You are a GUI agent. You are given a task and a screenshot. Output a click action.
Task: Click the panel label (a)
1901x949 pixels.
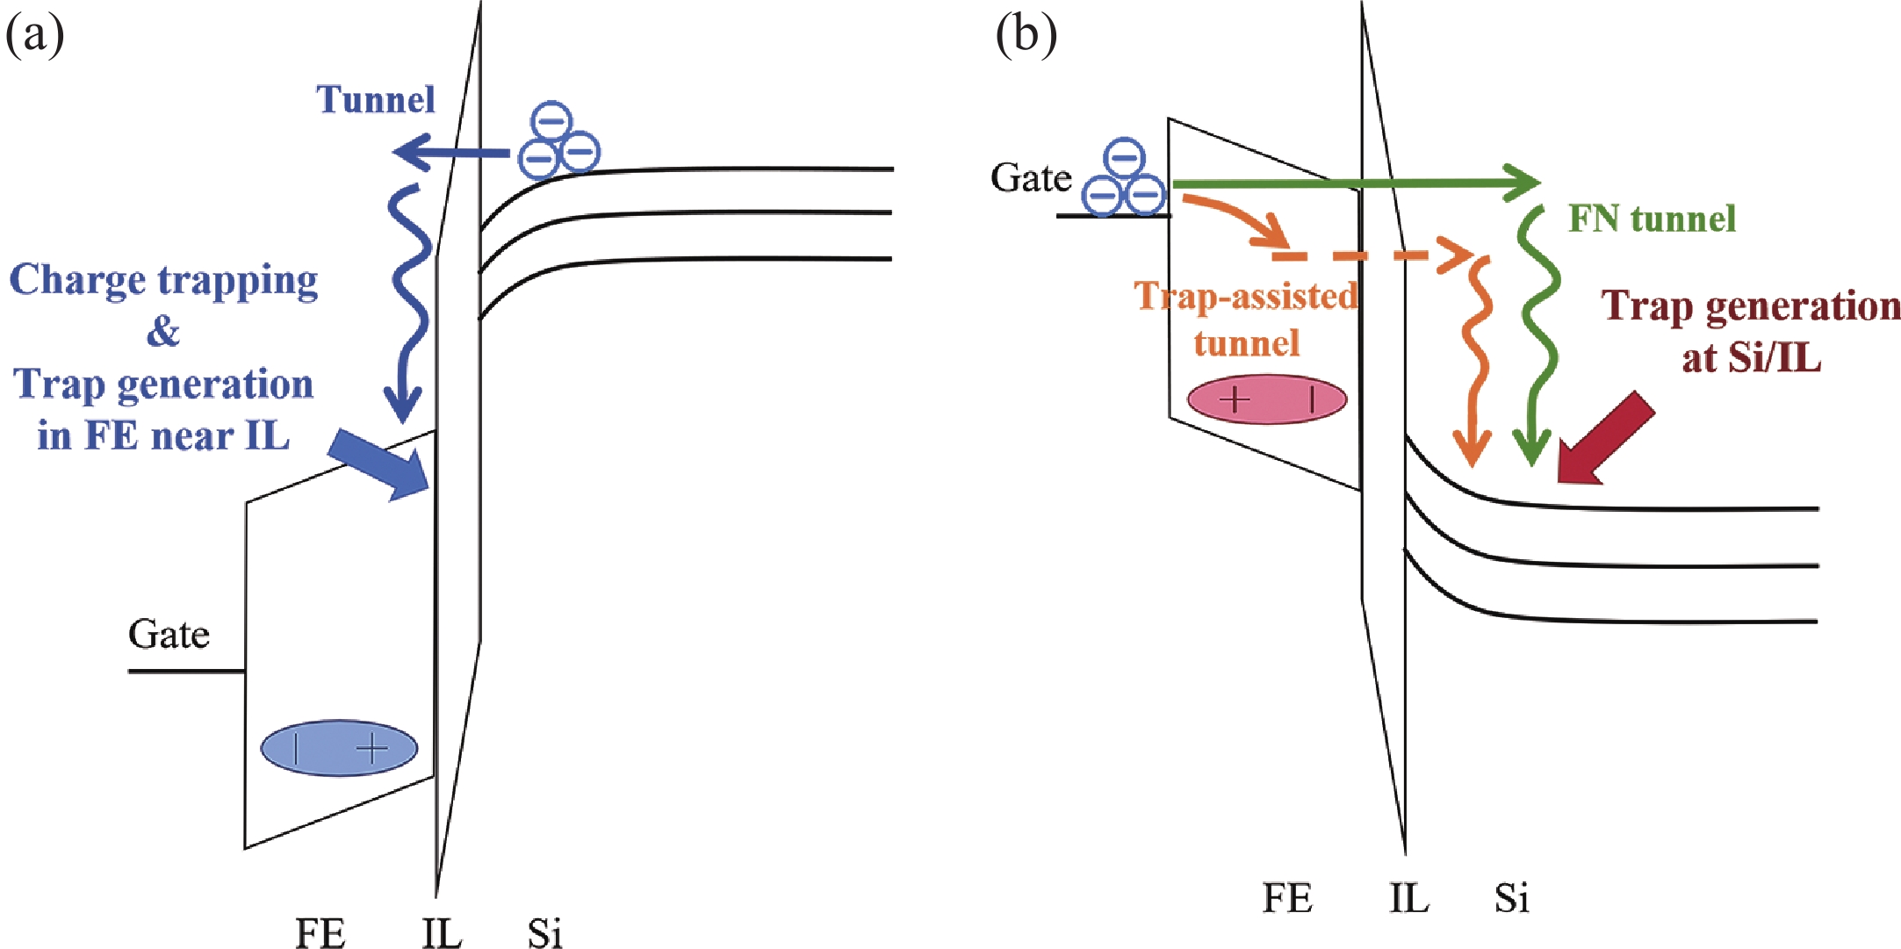[35, 37]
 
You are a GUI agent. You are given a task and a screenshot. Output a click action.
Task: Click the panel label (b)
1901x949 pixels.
[1026, 37]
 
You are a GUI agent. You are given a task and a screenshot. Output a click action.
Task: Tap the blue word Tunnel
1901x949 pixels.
[376, 100]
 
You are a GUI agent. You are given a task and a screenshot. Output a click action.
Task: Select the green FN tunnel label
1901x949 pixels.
[1652, 219]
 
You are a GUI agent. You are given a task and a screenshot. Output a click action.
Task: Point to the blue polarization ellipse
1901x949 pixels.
[339, 748]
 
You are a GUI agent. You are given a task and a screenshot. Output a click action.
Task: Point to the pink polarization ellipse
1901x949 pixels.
[1266, 399]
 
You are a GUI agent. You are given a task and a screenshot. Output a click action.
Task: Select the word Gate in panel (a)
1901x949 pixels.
[169, 635]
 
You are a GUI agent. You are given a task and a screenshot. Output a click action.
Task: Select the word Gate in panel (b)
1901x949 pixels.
[1031, 178]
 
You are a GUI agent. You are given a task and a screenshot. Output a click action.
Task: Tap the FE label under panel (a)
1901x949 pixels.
[320, 932]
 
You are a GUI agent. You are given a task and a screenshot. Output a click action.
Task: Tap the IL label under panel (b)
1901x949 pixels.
[1408, 897]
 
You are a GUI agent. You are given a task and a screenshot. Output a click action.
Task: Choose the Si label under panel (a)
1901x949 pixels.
[544, 932]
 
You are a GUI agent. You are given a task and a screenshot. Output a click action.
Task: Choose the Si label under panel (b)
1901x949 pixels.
[1512, 897]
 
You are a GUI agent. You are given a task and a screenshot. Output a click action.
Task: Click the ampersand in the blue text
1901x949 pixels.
[163, 332]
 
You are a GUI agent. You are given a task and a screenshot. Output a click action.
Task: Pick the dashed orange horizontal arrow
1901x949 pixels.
[1370, 255]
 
